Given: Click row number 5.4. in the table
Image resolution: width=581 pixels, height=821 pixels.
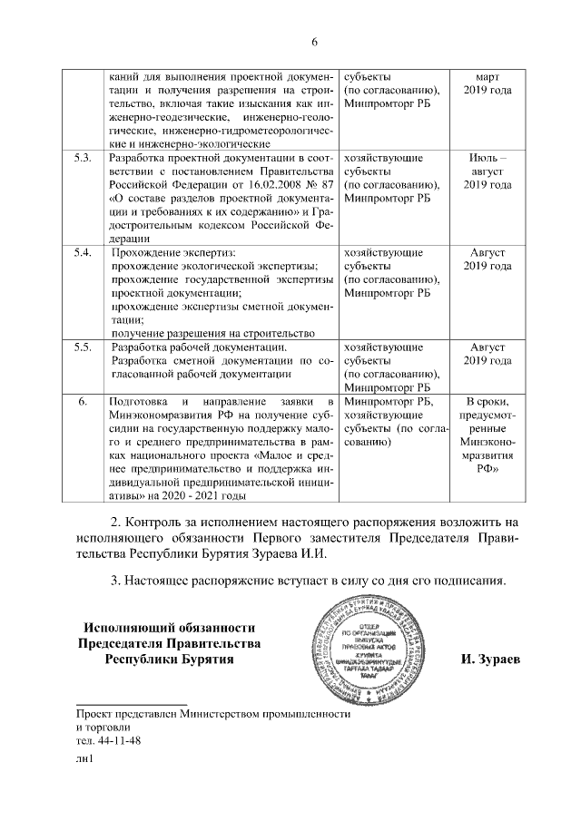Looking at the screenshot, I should tap(83, 251).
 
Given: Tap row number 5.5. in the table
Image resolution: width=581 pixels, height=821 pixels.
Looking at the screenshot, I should tap(83, 347).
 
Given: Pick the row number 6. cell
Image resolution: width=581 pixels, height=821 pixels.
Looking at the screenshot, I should tap(83, 401).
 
